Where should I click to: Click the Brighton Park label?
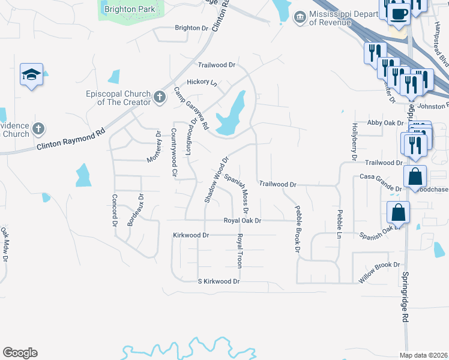point(129,10)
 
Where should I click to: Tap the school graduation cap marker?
point(31,75)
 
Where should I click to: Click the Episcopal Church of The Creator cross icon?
point(159,97)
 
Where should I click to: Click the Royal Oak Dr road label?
point(243,221)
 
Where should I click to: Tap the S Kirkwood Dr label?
point(218,281)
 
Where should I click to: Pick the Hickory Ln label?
point(201,82)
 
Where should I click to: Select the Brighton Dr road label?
point(191,28)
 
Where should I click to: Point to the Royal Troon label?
point(239,250)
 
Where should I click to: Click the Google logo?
point(20,353)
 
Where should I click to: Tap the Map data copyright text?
point(424,355)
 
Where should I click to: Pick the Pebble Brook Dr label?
point(297,229)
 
